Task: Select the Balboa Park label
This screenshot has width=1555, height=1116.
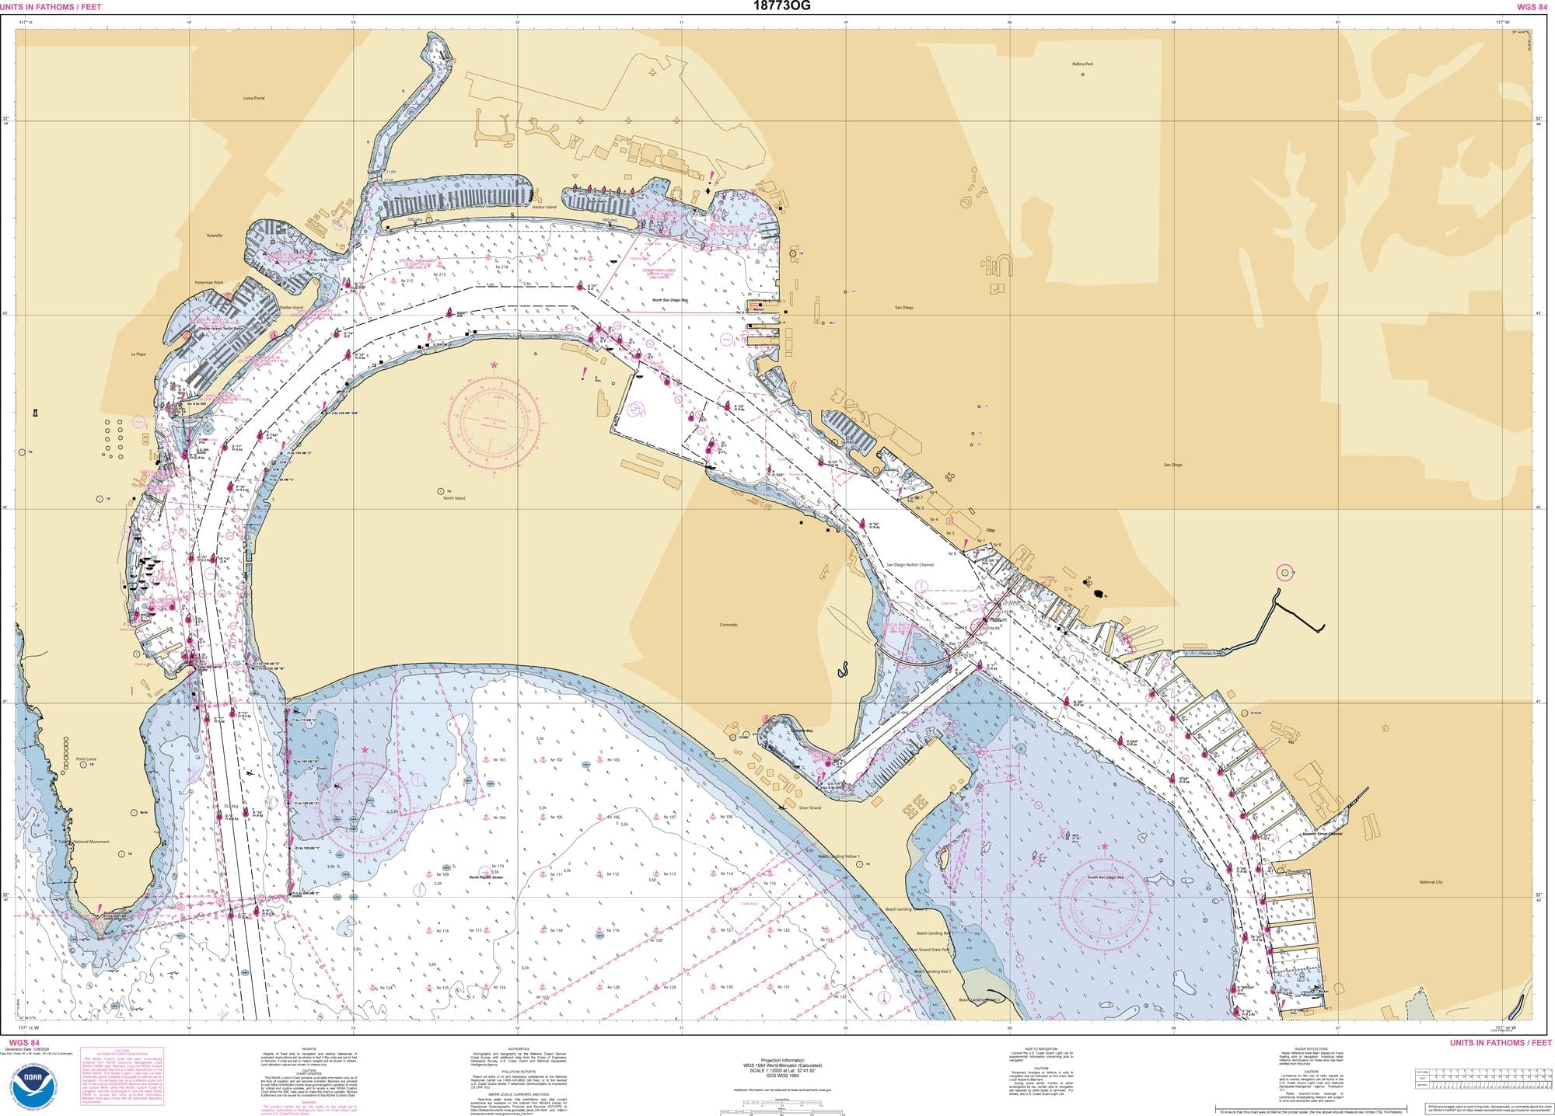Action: pyautogui.click(x=1082, y=64)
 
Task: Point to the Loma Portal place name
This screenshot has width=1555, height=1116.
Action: pyautogui.click(x=253, y=98)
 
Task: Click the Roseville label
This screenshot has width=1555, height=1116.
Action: pyautogui.click(x=215, y=235)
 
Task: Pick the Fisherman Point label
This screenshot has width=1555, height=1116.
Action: pyautogui.click(x=208, y=283)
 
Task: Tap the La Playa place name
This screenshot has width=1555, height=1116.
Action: pyautogui.click(x=138, y=354)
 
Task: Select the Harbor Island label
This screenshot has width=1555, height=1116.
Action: pyautogui.click(x=544, y=208)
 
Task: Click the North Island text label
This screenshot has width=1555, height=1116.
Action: pyautogui.click(x=454, y=498)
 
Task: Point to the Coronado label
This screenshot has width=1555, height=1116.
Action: pyautogui.click(x=729, y=625)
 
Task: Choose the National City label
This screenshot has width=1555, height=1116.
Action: pyautogui.click(x=1431, y=882)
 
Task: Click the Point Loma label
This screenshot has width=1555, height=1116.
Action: pyautogui.click(x=86, y=759)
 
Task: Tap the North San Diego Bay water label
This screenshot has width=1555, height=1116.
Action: pyautogui.click(x=670, y=300)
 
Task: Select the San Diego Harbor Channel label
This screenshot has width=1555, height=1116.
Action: pyautogui.click(x=910, y=565)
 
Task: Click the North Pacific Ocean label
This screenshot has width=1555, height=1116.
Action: pyautogui.click(x=486, y=877)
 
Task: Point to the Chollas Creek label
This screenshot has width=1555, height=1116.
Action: pyautogui.click(x=1211, y=654)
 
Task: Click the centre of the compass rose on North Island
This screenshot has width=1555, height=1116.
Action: pyautogui.click(x=494, y=420)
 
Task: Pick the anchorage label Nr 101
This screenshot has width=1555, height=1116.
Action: pyautogui.click(x=499, y=760)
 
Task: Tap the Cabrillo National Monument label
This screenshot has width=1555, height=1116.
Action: pyautogui.click(x=85, y=842)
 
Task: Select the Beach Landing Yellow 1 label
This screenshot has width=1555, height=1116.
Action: pyautogui.click(x=839, y=856)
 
